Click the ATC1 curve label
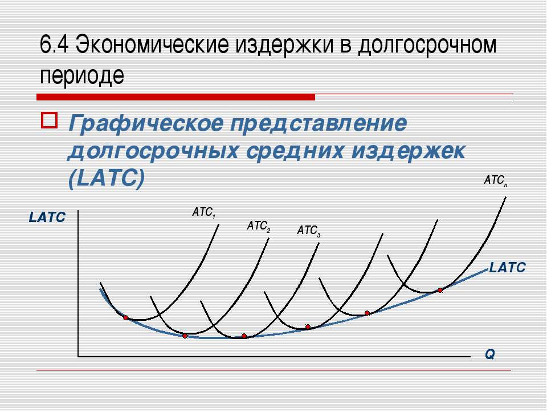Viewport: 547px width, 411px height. (x=204, y=212)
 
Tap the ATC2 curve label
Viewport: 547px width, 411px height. (x=259, y=227)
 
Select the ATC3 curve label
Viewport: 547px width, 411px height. (x=309, y=231)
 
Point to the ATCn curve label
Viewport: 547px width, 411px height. (x=496, y=181)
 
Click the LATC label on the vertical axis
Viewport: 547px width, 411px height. (x=47, y=217)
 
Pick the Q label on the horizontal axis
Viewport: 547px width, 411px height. (x=490, y=354)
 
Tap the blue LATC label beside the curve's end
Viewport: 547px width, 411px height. (x=508, y=268)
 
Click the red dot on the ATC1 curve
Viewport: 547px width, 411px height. (x=125, y=318)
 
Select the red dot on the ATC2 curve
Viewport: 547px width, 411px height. (x=185, y=336)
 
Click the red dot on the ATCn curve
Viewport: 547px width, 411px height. (x=440, y=290)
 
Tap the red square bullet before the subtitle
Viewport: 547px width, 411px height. (x=49, y=120)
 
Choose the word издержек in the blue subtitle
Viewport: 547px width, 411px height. (x=409, y=151)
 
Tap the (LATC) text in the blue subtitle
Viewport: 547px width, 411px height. (x=107, y=179)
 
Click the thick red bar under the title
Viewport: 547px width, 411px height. (x=176, y=97)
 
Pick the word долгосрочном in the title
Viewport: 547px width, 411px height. (x=427, y=46)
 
